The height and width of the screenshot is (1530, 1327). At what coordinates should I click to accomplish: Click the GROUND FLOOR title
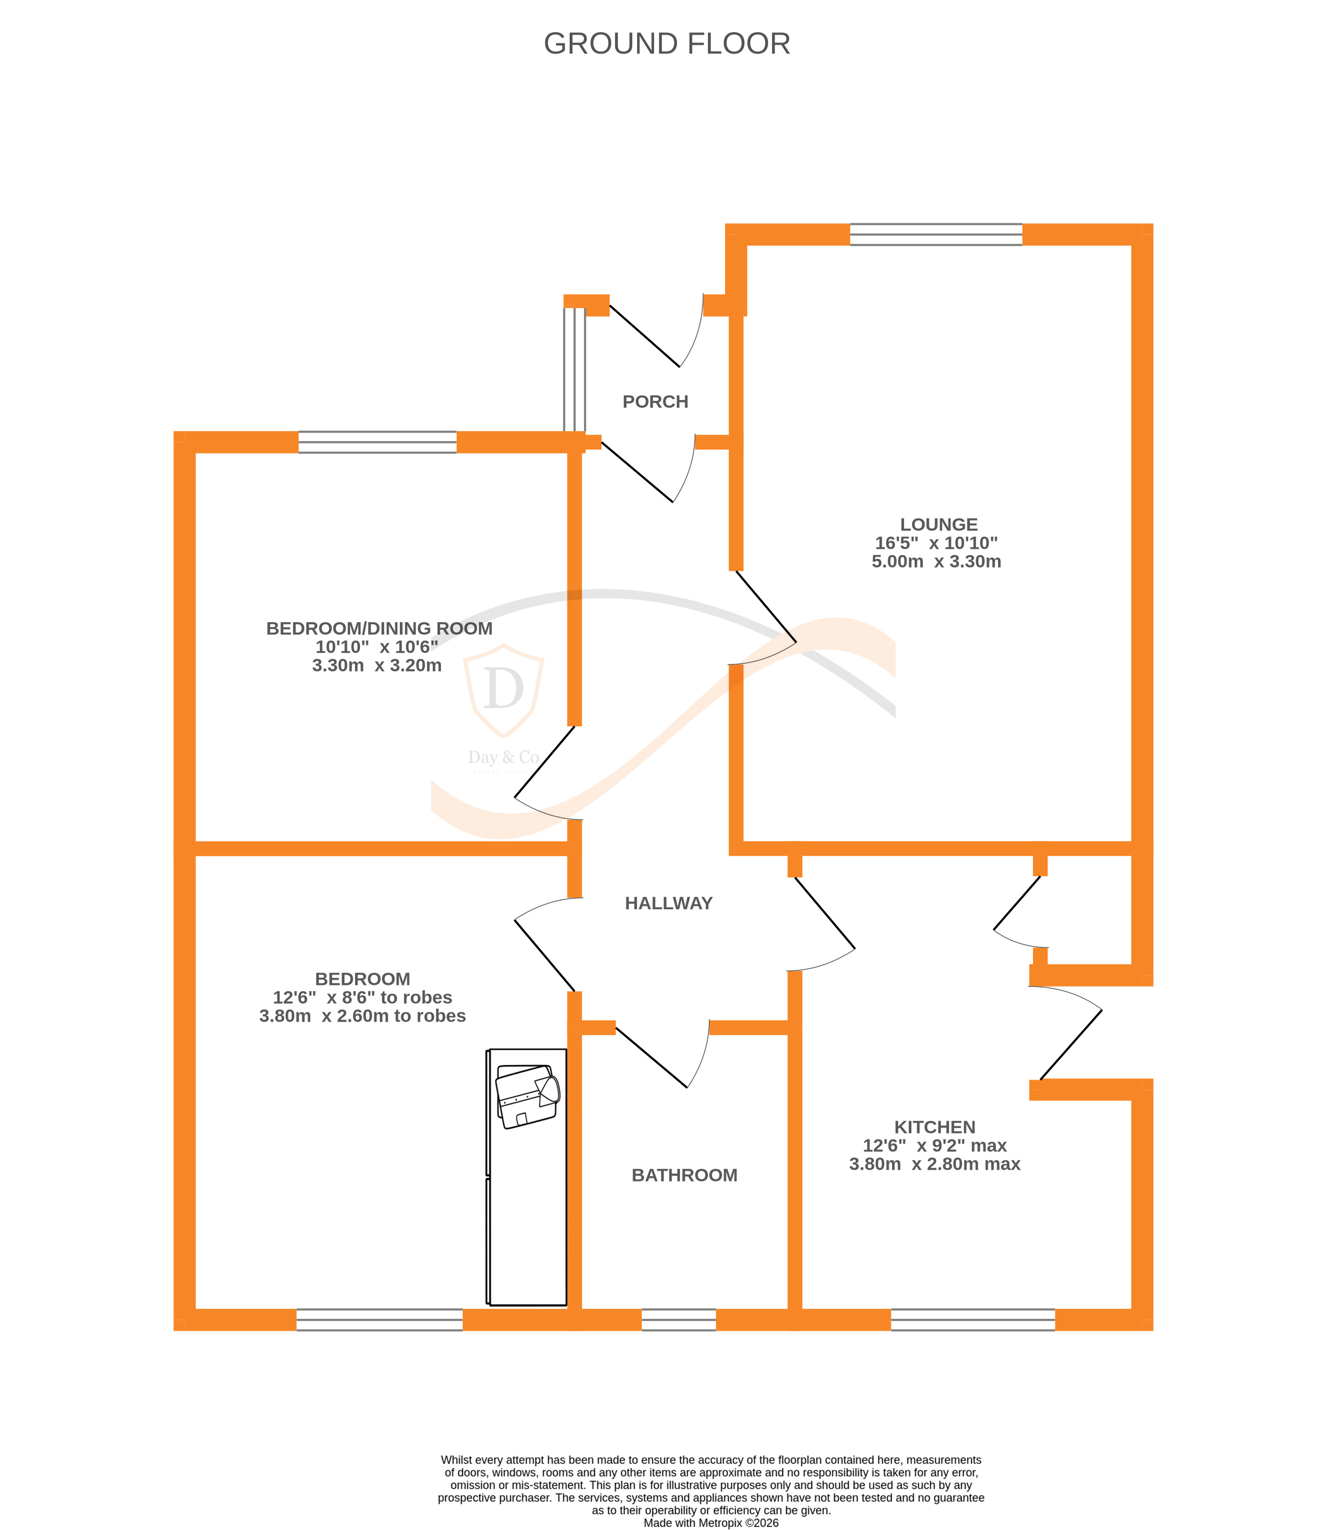pyautogui.click(x=667, y=44)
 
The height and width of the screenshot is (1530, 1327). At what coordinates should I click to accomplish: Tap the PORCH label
pyautogui.click(x=655, y=402)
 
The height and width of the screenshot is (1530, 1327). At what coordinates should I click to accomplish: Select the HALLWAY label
pyautogui.click(x=668, y=903)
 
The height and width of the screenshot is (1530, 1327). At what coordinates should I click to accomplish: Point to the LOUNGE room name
pyautogui.click(x=938, y=524)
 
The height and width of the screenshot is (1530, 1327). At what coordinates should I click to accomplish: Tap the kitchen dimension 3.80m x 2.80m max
pyautogui.click(x=934, y=1164)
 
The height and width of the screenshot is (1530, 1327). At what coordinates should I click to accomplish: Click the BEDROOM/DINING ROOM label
pyautogui.click(x=379, y=628)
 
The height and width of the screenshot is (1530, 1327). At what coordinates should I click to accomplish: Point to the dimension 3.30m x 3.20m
pyautogui.click(x=377, y=666)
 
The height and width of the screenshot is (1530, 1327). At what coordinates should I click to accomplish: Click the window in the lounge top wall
pyautogui.click(x=936, y=234)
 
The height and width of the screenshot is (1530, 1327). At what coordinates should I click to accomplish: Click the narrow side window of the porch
pyautogui.click(x=574, y=369)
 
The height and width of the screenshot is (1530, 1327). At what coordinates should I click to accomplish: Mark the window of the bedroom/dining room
pyautogui.click(x=378, y=442)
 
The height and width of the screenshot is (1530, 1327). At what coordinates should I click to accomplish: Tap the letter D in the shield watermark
pyautogui.click(x=503, y=688)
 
